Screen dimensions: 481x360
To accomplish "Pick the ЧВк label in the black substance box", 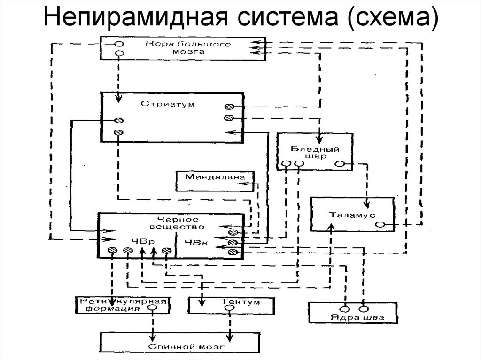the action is [x=194, y=243].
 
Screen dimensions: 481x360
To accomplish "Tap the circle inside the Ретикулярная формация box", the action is [x=152, y=309].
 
